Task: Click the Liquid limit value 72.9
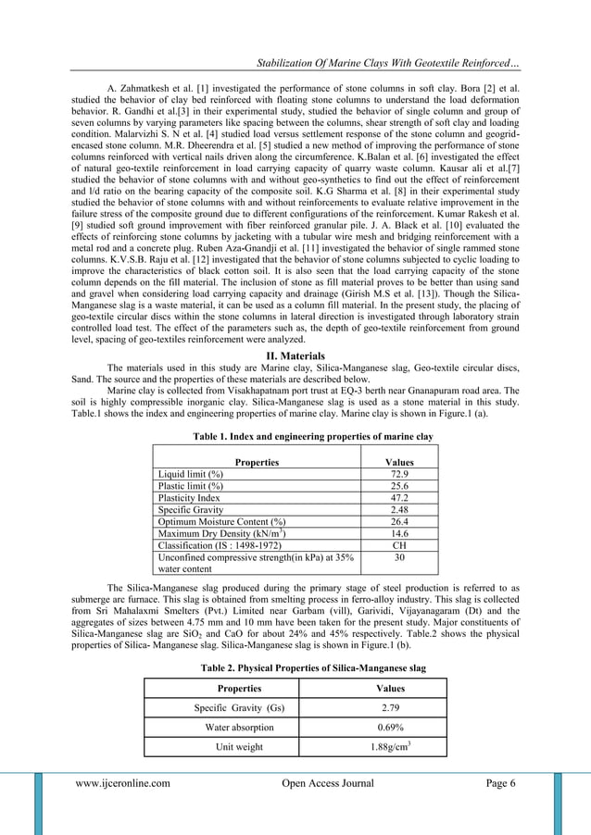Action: pos(398,473)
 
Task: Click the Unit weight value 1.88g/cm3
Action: pos(388,746)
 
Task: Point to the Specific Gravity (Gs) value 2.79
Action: pos(388,708)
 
